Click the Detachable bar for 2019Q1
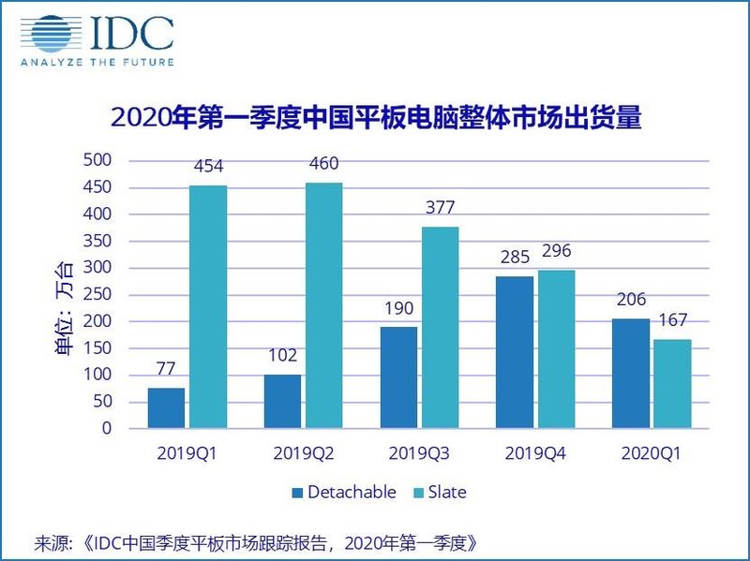(166, 408)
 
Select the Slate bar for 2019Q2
(323, 305)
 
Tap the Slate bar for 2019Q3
(440, 328)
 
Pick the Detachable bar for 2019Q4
(515, 352)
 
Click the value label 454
(207, 167)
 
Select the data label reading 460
(323, 164)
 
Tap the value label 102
(282, 356)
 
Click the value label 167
(672, 320)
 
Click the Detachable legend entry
(344, 492)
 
